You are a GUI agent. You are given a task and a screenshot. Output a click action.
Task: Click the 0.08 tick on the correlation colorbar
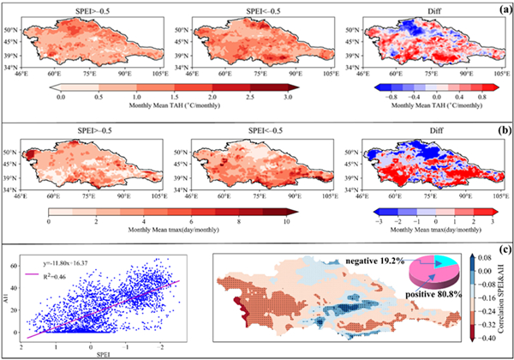point(483,256)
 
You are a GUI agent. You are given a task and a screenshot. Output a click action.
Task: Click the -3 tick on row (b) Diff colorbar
point(380,219)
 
